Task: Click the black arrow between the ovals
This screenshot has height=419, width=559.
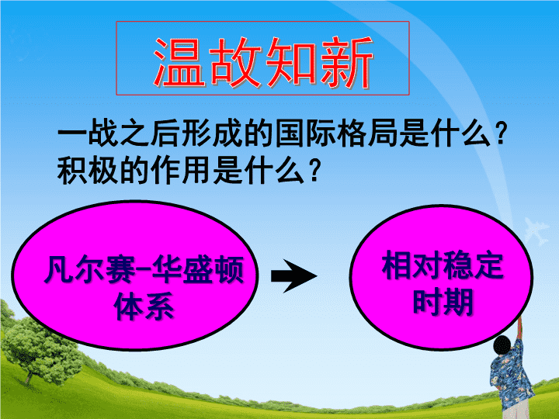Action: (293, 276)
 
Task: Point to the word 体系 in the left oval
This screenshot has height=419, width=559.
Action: (144, 306)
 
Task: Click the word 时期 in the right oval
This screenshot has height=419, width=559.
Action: (443, 302)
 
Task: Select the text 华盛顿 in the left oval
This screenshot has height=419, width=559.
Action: (198, 269)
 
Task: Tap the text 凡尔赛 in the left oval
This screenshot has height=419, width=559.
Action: (89, 269)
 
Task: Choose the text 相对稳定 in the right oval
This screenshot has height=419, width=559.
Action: (443, 265)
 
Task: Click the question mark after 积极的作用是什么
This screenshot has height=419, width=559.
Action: (314, 170)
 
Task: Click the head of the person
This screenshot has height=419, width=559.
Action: (502, 345)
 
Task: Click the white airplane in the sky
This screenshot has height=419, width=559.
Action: (536, 230)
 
